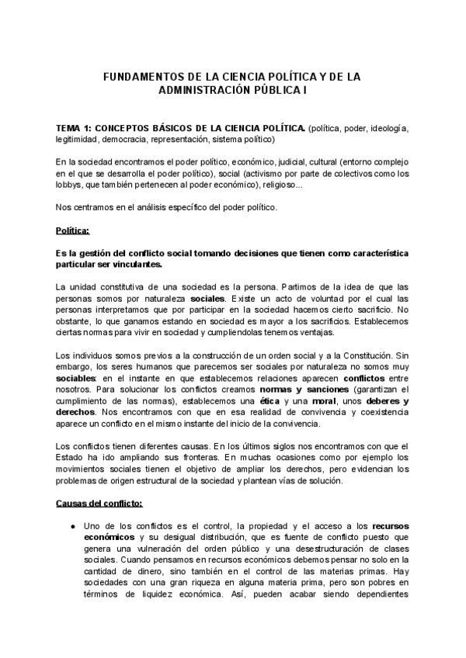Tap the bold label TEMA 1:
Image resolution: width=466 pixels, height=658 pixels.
(x=75, y=127)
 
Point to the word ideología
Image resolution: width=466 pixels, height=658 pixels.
(x=387, y=127)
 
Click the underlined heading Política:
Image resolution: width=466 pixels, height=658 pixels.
(x=73, y=231)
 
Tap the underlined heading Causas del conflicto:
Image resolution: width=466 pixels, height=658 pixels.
(x=99, y=503)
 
